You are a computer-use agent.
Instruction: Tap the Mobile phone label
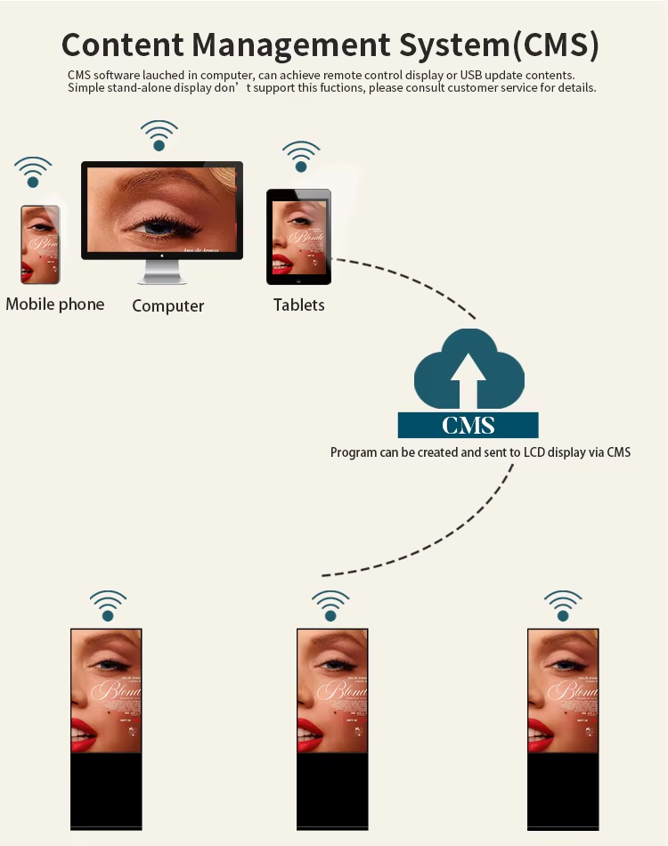(55, 305)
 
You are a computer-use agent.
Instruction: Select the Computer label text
(168, 306)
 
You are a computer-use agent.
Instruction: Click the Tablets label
(299, 305)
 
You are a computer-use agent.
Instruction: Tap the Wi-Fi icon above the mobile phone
(33, 172)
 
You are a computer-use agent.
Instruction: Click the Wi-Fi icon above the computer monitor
(159, 135)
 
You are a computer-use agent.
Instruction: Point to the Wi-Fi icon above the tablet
(301, 157)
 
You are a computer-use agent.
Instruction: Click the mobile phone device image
(40, 244)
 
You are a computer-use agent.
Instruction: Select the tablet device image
(298, 236)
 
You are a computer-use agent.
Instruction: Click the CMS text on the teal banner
(468, 425)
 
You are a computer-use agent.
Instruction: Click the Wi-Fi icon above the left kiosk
(108, 606)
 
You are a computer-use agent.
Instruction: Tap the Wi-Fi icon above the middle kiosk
(330, 606)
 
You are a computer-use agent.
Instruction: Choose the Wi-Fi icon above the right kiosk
(563, 606)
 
